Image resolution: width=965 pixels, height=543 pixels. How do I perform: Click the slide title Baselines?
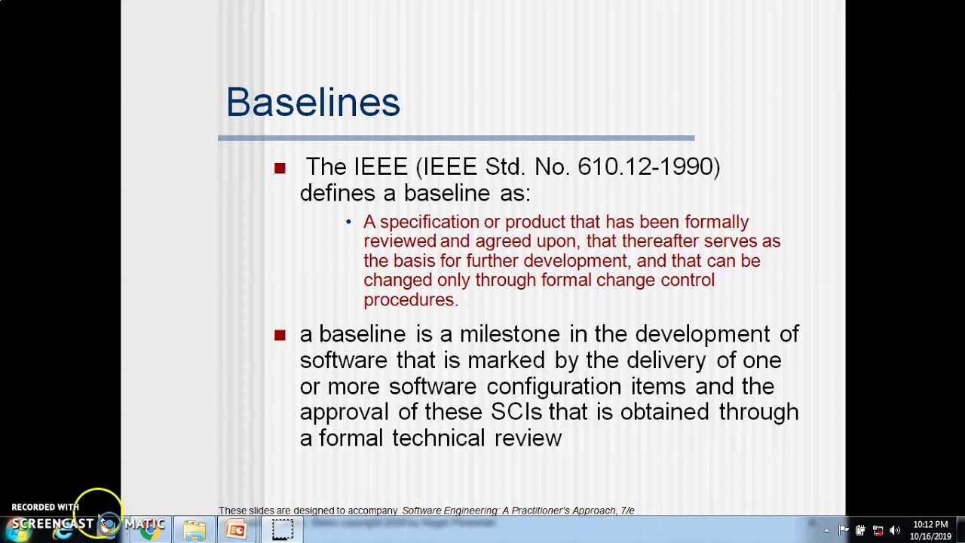tap(313, 103)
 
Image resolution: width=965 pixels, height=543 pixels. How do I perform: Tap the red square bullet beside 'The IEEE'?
tap(280, 168)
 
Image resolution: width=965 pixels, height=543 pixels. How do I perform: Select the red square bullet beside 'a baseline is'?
tap(280, 335)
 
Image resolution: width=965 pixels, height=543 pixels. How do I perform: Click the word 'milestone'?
tap(510, 334)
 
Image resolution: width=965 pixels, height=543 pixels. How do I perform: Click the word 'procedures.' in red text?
tap(411, 300)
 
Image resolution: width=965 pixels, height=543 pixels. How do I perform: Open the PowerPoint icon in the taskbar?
tap(236, 530)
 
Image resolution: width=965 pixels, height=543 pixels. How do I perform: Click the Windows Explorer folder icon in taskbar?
tap(195, 530)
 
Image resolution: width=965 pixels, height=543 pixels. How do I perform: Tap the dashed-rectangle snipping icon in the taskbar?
tap(283, 530)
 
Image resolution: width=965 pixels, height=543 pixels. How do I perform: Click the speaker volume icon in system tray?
tap(895, 530)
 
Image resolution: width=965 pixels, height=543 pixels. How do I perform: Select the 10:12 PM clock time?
tap(930, 525)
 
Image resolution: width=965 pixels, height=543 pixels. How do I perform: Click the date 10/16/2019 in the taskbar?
tap(930, 537)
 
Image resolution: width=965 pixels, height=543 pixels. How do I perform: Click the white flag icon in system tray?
tap(844, 530)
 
